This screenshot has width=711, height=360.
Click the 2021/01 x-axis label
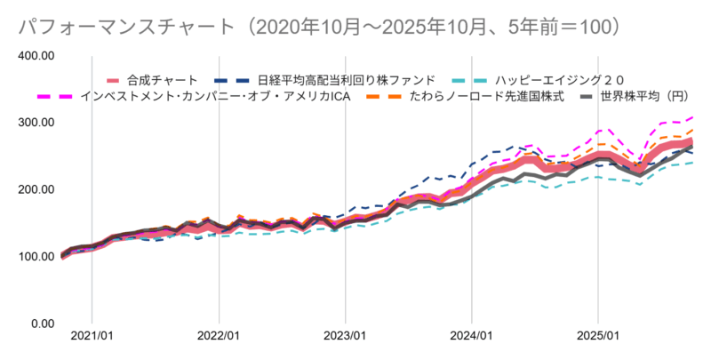(x=92, y=337)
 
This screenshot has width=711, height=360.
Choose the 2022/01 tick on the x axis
(x=219, y=337)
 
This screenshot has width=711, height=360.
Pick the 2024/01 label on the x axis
(x=472, y=337)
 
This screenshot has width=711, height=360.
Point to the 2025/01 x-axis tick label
(x=598, y=337)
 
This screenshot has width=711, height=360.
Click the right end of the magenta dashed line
(x=692, y=117)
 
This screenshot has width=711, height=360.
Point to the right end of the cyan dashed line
(x=692, y=162)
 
